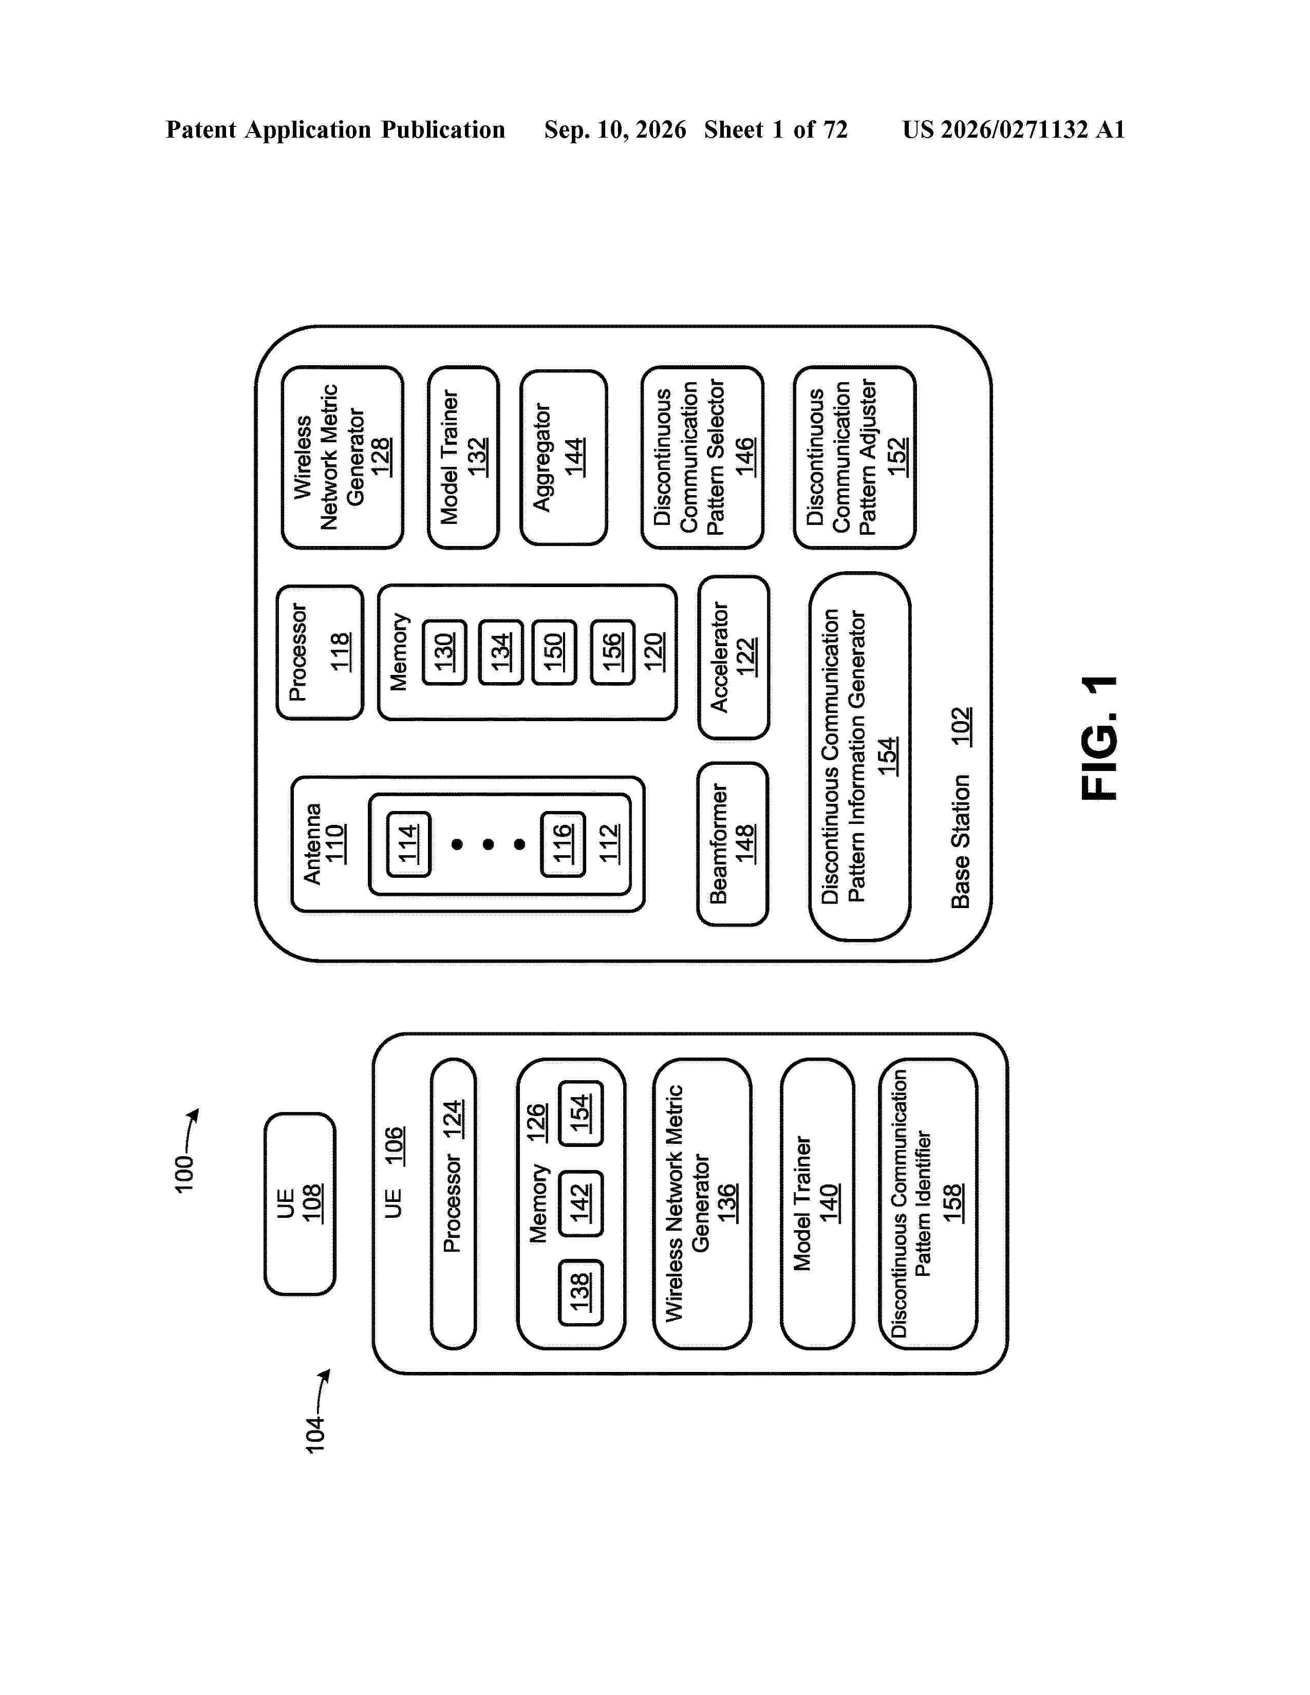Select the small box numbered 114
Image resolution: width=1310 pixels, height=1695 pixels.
pyautogui.click(x=408, y=843)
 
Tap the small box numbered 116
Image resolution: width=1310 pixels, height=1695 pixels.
pyautogui.click(x=563, y=843)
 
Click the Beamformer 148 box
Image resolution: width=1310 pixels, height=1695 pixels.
pyautogui.click(x=733, y=843)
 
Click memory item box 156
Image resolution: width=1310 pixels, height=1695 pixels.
pyautogui.click(x=612, y=652)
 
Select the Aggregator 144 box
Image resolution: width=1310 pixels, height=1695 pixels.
pyautogui.click(x=564, y=457)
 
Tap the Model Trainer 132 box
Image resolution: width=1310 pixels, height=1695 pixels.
pyautogui.click(x=463, y=457)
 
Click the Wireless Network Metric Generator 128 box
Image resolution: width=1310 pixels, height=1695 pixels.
pyautogui.click(x=342, y=457)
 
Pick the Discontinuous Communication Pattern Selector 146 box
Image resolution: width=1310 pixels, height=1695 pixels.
pyautogui.click(x=702, y=457)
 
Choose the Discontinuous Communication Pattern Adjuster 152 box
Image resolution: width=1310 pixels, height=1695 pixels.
pyautogui.click(x=854, y=457)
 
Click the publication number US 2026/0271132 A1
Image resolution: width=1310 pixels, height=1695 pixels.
pyautogui.click(x=1014, y=129)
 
